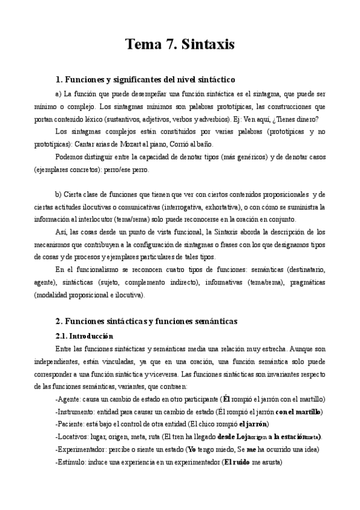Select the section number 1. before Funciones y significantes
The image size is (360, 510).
click(x=58, y=79)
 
